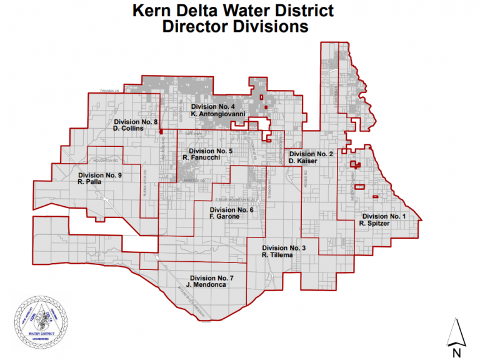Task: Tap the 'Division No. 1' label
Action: click(383, 216)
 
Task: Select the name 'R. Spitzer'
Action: click(375, 223)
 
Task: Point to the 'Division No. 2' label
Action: click(311, 154)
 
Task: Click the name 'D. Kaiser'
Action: click(303, 161)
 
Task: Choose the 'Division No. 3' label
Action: click(284, 248)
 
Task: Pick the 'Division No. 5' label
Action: click(211, 151)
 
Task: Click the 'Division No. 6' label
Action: click(231, 210)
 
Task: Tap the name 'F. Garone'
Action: click(224, 217)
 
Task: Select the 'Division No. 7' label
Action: click(212, 277)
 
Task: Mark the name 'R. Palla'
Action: click(90, 183)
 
